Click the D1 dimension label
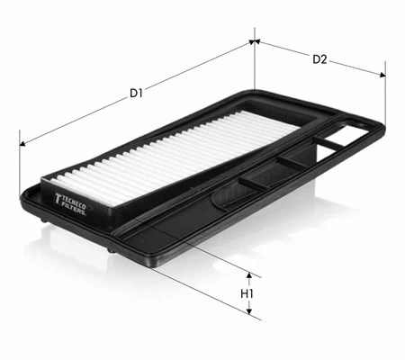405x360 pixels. click(136, 94)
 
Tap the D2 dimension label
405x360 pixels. click(319, 59)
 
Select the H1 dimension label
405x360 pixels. click(247, 293)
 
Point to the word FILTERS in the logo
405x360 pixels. click(73, 210)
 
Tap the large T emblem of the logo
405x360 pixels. click(58, 199)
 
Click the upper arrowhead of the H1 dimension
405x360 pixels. click(248, 275)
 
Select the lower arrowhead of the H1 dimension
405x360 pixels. click(248, 311)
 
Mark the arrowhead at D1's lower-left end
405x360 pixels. click(22, 144)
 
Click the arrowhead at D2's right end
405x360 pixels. click(382, 75)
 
